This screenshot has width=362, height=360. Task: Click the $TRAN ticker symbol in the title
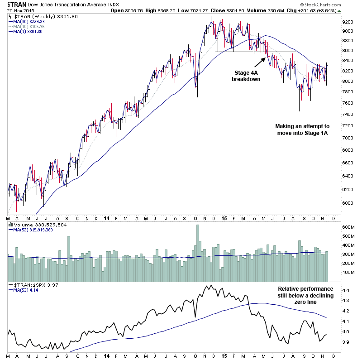coord(17,5)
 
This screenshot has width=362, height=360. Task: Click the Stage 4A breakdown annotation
coord(247,75)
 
